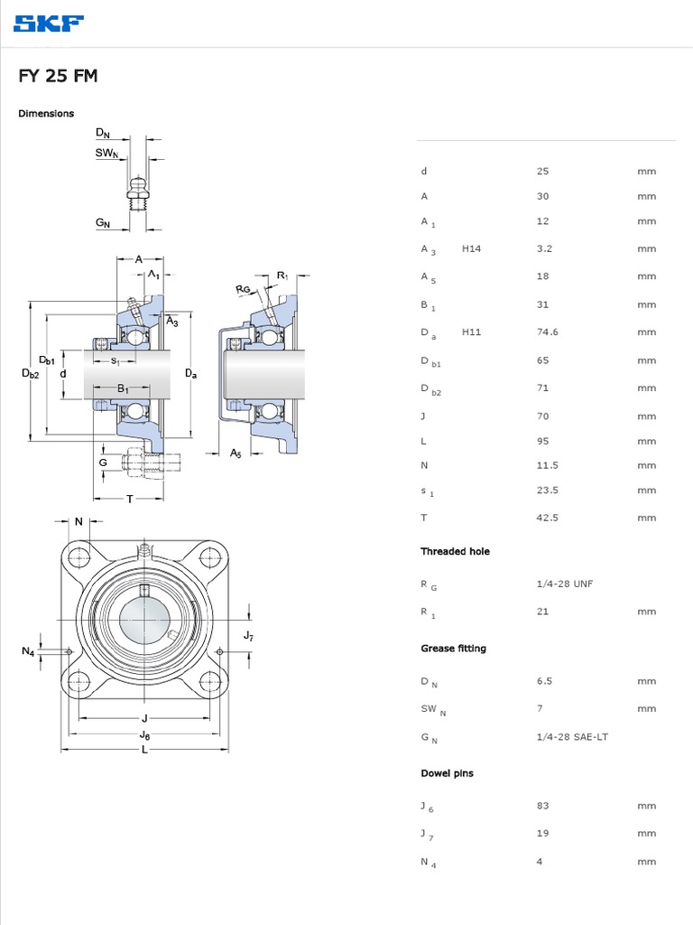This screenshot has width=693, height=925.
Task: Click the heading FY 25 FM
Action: tap(58, 77)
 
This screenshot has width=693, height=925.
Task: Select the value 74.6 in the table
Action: tap(547, 332)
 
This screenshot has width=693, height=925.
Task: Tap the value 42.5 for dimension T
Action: tap(547, 518)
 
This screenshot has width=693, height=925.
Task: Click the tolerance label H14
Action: tap(471, 248)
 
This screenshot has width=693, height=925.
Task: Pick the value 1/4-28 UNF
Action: tap(564, 584)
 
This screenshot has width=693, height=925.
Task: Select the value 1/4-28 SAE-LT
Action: tap(572, 737)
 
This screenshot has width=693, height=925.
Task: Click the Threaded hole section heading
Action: tap(455, 551)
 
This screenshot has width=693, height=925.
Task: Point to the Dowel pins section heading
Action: tap(447, 773)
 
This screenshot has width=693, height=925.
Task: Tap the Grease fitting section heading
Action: tap(453, 649)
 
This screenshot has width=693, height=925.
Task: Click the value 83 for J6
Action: tap(542, 805)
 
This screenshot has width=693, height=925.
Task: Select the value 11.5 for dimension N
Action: tap(547, 465)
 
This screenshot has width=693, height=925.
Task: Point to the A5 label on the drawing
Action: tap(236, 453)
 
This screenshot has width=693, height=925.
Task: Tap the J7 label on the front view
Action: tap(249, 636)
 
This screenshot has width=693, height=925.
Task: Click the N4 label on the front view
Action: tap(28, 651)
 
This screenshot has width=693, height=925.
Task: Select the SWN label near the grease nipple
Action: tap(106, 154)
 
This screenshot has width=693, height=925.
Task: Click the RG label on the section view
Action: tap(243, 289)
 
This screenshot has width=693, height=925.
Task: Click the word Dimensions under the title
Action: tap(46, 114)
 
